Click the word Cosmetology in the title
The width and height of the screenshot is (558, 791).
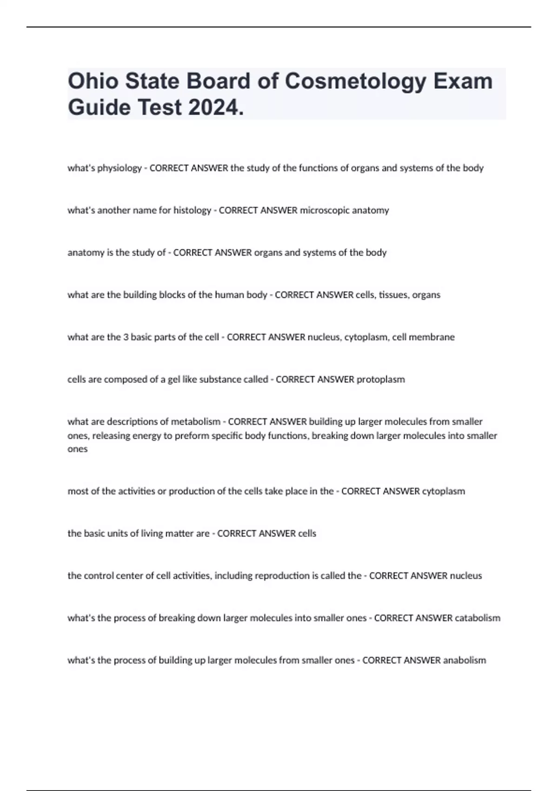[355, 81]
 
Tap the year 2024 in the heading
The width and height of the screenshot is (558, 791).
[216, 108]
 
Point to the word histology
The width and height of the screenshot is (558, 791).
[192, 210]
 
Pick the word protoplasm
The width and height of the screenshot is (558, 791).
[380, 379]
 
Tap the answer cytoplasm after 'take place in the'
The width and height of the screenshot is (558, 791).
[443, 491]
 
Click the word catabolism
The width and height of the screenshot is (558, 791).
[478, 618]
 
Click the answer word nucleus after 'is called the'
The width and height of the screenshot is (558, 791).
[466, 576]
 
